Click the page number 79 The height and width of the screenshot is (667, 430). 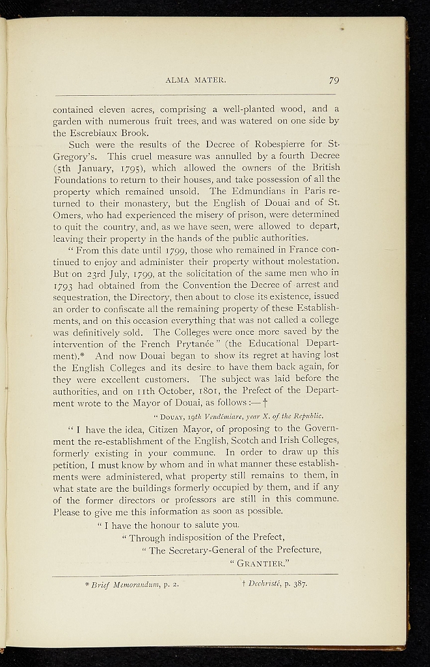pos(334,81)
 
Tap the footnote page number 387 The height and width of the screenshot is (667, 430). pos(299,584)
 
